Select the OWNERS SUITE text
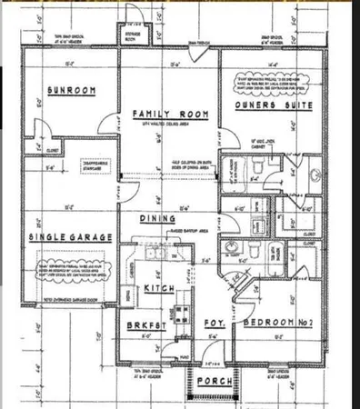pos(275,105)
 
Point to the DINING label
pos(156,218)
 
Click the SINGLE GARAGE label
pos(70,236)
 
